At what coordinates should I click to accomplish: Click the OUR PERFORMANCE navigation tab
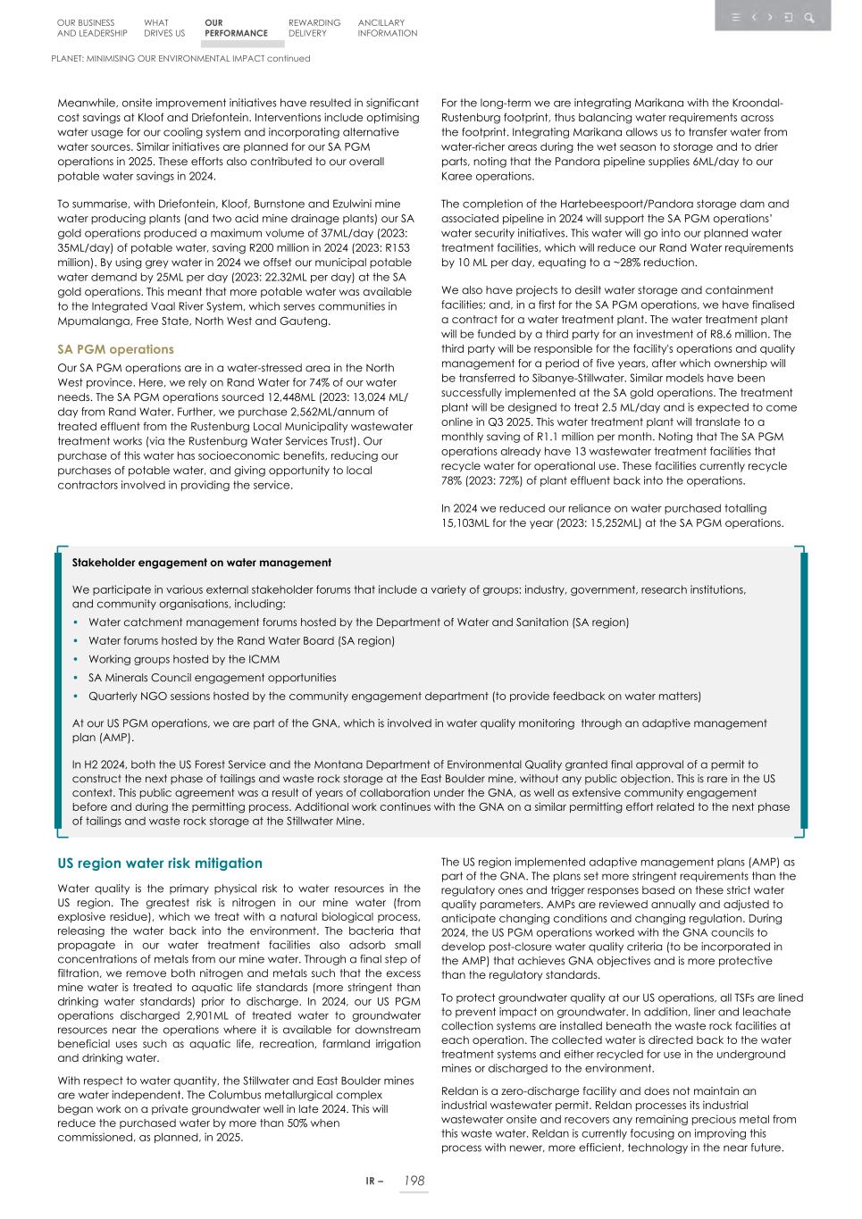coord(235,28)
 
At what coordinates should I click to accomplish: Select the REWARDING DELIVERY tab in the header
coord(314,28)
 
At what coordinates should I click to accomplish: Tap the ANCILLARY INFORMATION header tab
coord(387,28)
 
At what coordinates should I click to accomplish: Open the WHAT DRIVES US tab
coord(163,28)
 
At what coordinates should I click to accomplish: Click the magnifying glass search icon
coord(808,17)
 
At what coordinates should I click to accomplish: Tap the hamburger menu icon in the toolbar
coord(736,17)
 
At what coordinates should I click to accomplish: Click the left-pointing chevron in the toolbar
coord(754,17)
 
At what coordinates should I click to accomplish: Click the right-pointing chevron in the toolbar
coord(770,17)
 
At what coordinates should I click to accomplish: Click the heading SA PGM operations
coord(115,349)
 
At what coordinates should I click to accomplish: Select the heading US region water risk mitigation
coord(160,864)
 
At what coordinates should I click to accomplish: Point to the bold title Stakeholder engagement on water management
coord(201,563)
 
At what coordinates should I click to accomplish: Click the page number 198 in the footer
coord(413,1181)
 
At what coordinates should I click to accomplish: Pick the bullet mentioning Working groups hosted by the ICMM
coord(183,659)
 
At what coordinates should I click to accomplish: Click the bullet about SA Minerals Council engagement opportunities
coord(212,678)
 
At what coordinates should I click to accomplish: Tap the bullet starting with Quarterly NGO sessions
coord(394,696)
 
